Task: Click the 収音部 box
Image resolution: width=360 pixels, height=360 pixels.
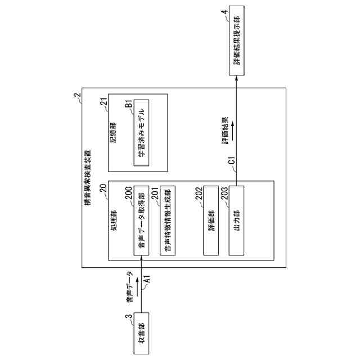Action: [141, 332]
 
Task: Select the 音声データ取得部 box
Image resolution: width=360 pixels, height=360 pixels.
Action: [141, 224]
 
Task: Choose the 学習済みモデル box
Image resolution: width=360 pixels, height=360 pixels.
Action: [141, 133]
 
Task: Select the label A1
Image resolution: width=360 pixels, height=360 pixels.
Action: [147, 278]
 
